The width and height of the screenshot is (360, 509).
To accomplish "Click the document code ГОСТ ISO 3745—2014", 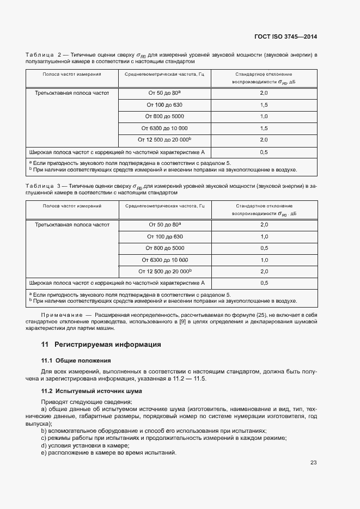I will pyautogui.click(x=285, y=37).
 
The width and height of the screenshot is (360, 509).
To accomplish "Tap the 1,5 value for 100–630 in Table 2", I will pyautogui.click(x=264, y=105).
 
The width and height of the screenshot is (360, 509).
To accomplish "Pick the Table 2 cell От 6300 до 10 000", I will pyautogui.click(x=164, y=128).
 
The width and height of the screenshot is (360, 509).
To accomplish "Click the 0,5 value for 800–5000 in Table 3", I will pyautogui.click(x=264, y=248).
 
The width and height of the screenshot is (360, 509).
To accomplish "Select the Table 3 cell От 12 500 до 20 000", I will pyautogui.click(x=166, y=271).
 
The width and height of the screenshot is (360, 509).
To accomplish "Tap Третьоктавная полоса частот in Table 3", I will pyautogui.click(x=72, y=224).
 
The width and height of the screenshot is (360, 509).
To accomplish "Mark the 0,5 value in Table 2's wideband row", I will pyautogui.click(x=264, y=152).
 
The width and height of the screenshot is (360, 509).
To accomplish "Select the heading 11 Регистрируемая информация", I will pyautogui.click(x=101, y=345).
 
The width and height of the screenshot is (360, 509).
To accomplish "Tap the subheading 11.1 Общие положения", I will pyautogui.click(x=76, y=360).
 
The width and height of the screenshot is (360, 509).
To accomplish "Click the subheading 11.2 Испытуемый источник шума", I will pyautogui.click(x=91, y=391).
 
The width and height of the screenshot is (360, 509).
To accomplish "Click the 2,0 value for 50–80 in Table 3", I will pyautogui.click(x=264, y=224).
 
